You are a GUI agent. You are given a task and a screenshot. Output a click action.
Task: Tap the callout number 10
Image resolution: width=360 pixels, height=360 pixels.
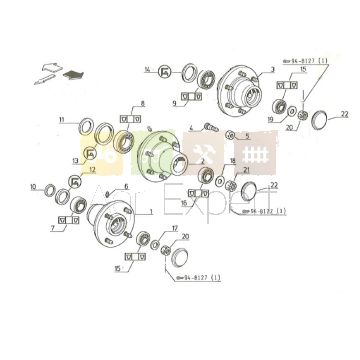(34, 187)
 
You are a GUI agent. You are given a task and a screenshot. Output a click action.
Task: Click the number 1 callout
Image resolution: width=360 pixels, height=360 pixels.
(150, 212)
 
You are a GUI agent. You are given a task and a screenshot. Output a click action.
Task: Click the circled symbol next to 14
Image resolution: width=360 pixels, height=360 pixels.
(164, 70)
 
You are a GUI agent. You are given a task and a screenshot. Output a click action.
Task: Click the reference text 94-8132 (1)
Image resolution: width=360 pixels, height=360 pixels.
(267, 212)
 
